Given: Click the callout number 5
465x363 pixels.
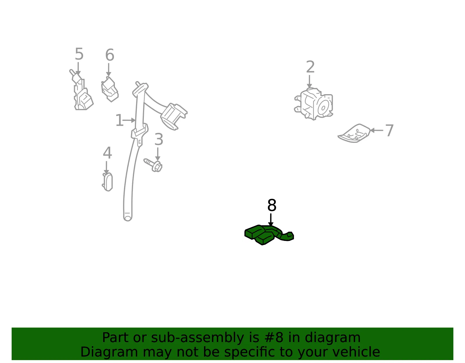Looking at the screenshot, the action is click(x=79, y=54).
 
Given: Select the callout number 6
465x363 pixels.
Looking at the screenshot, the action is click(x=110, y=55).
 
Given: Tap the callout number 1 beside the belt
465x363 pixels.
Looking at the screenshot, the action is click(x=119, y=120).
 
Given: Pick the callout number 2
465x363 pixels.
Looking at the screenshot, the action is click(x=310, y=67).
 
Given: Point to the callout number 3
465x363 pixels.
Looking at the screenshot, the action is click(x=159, y=139).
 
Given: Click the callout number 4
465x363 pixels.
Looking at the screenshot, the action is click(x=107, y=153).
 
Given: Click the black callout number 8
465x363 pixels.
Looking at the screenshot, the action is click(x=272, y=205).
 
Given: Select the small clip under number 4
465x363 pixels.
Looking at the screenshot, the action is click(x=108, y=182).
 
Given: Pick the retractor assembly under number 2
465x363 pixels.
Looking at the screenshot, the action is click(x=314, y=104).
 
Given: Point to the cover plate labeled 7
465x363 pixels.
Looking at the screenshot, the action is click(x=354, y=133).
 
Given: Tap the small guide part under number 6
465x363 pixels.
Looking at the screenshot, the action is click(x=110, y=89).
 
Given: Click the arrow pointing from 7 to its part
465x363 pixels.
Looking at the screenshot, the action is click(x=377, y=130).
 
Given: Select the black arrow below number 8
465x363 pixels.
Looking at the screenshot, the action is click(x=271, y=220).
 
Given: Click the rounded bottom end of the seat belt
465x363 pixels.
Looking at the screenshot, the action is click(x=128, y=218).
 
